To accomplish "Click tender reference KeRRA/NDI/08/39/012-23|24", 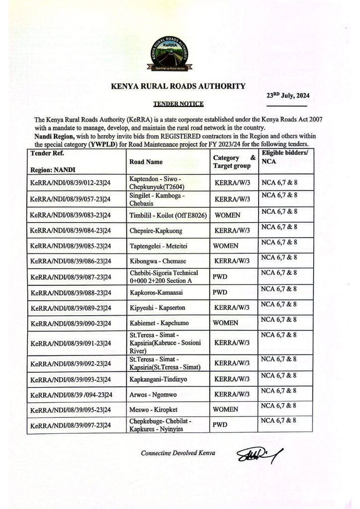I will click(71, 183).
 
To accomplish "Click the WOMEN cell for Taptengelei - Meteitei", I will click(226, 246).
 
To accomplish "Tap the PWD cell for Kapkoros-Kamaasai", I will click(220, 292).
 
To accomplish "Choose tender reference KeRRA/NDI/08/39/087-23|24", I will click(71, 277).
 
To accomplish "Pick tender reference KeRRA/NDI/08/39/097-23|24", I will click(71, 426).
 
